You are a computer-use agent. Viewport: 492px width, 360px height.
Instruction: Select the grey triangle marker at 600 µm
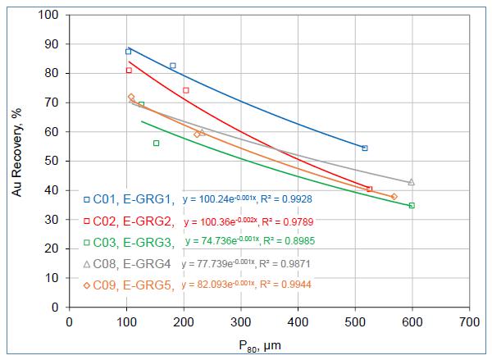click(x=412, y=182)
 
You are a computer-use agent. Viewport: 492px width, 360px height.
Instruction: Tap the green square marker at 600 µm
click(x=412, y=206)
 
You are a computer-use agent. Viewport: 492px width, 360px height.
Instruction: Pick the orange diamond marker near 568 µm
click(x=394, y=197)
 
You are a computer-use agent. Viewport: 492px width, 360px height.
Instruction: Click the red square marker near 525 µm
click(x=370, y=189)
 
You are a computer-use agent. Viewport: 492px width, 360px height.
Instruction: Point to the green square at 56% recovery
click(x=156, y=144)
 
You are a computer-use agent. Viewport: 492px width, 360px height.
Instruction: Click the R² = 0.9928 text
click(x=288, y=200)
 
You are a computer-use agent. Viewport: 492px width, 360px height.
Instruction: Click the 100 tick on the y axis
click(x=51, y=16)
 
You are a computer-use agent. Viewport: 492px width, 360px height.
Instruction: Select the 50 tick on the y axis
click(x=54, y=162)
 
